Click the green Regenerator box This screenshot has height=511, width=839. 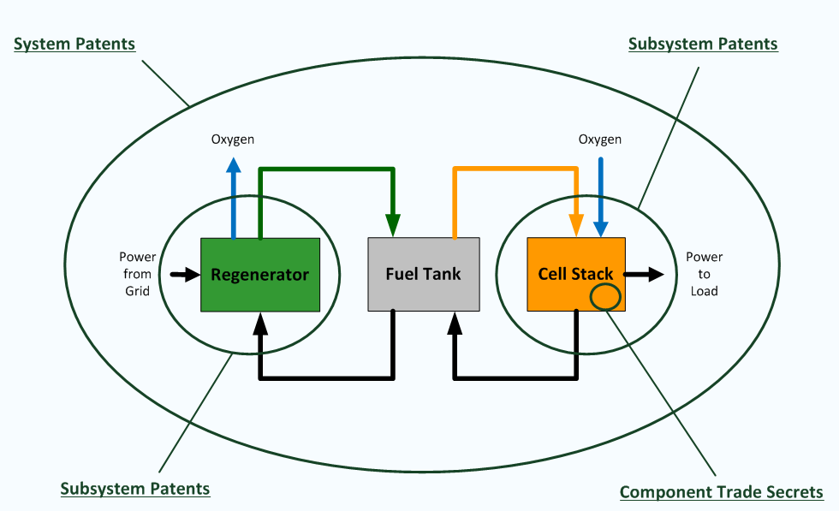click(260, 275)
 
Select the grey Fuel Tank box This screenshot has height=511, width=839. click(423, 274)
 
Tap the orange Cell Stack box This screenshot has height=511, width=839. click(575, 274)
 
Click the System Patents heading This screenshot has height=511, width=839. click(74, 44)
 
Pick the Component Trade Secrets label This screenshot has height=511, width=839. click(721, 492)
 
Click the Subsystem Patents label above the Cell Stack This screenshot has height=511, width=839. click(703, 44)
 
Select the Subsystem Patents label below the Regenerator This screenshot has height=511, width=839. click(135, 489)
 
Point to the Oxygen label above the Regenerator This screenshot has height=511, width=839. click(233, 140)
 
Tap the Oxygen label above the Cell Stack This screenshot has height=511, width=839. click(600, 140)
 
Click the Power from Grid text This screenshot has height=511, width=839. click(138, 274)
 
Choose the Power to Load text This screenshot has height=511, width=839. click(704, 274)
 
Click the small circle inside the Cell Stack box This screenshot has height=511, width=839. click(605, 296)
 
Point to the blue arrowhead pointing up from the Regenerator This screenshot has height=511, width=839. click(233, 165)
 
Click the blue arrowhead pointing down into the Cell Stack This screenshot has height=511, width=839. click(601, 229)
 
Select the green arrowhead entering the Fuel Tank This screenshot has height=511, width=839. click(393, 225)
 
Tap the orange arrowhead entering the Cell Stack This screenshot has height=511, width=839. click(576, 225)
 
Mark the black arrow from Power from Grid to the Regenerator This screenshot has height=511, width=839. click(185, 275)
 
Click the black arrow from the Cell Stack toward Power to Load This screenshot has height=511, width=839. click(644, 275)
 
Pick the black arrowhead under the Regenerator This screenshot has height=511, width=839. click(260, 324)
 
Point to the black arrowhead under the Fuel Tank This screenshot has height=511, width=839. click(455, 324)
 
